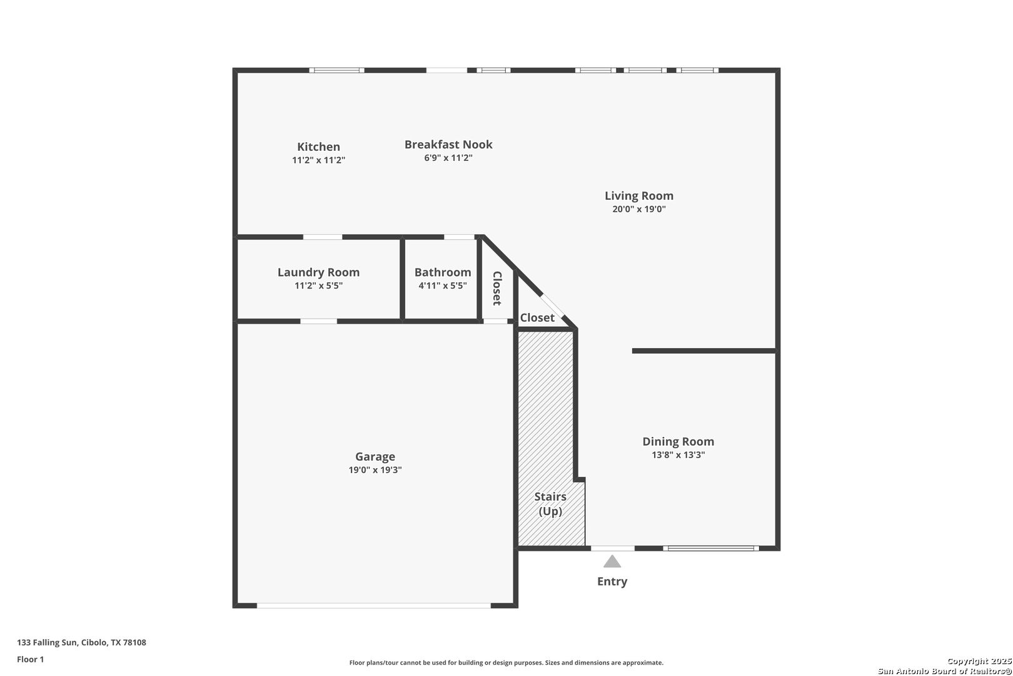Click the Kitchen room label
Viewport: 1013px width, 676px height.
pos(318,147)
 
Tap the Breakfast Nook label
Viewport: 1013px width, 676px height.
pos(448,145)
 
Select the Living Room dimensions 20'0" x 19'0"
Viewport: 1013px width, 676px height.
pos(639,209)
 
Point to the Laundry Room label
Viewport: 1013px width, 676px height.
pos(318,272)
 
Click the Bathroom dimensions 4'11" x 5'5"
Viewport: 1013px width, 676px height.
pos(443,286)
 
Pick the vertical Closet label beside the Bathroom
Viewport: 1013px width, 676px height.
pos(498,288)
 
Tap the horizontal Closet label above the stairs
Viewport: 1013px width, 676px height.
pos(537,318)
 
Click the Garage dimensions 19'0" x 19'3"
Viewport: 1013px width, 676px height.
pos(375,470)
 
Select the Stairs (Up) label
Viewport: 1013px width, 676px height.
pos(550,504)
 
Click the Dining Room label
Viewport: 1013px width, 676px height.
pos(678,442)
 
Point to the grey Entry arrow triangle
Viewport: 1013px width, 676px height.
pos(612,562)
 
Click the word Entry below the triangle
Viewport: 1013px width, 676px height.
pos(612,581)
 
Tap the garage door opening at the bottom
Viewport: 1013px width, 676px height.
pos(374,605)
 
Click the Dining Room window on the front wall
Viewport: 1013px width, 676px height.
pos(711,548)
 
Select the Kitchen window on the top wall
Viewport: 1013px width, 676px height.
pos(336,70)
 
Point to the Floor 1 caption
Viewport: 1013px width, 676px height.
pos(30,659)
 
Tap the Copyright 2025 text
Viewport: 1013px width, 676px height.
pos(979,661)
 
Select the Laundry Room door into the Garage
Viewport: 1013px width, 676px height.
pos(318,321)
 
